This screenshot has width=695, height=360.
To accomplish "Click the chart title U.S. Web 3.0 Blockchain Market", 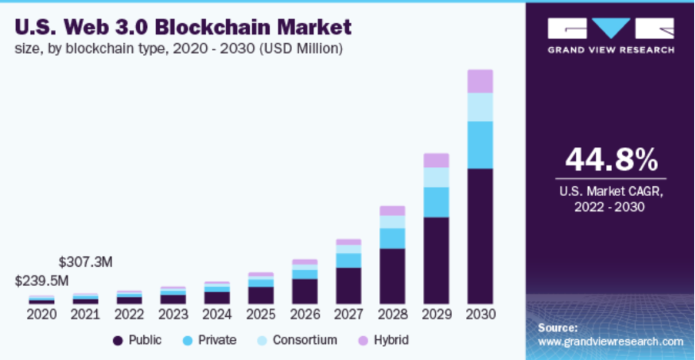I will (182, 28).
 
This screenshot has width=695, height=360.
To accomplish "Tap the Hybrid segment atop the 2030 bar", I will (481, 81).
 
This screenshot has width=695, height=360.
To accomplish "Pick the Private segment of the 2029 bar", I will (436, 202).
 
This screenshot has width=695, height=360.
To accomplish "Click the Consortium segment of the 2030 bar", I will (481, 107).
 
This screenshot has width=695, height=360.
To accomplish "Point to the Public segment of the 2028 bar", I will (392, 275).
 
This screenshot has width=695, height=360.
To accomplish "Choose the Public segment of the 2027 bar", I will (348, 285).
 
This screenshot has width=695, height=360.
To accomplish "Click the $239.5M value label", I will (42, 281).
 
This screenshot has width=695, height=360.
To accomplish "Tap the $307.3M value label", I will (85, 262).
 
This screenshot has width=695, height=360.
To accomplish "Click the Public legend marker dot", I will (118, 340).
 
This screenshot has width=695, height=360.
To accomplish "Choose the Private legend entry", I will (209, 340).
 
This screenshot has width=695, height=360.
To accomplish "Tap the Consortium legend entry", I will (297, 340).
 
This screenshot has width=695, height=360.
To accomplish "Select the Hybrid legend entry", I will (384, 340).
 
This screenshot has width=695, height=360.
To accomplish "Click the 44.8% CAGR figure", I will (612, 160).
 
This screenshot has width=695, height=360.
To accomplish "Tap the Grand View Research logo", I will (611, 35).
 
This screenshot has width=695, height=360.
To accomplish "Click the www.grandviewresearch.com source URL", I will (610, 341).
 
